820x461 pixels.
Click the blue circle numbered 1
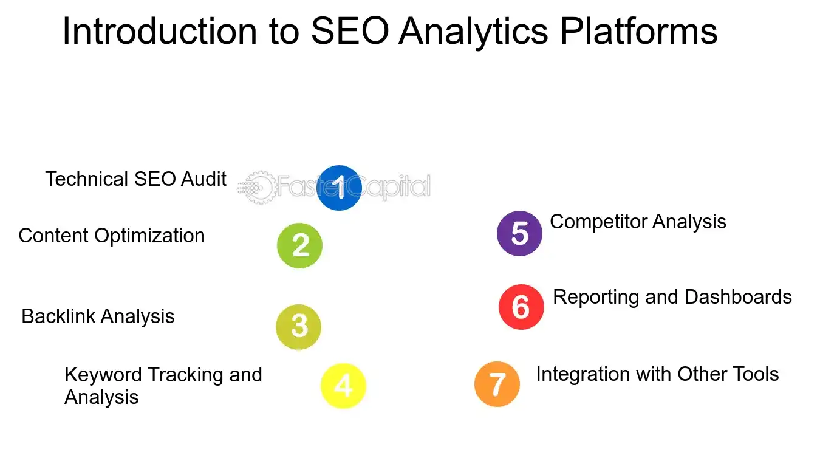click(x=340, y=188)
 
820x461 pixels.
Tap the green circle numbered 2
click(x=299, y=246)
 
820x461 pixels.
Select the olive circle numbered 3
click(x=298, y=327)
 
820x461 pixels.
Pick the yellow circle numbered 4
click(x=343, y=386)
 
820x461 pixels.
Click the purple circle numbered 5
click(x=519, y=234)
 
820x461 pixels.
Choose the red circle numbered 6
click(x=521, y=307)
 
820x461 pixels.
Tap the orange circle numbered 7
click(x=497, y=384)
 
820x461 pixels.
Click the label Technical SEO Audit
click(x=135, y=179)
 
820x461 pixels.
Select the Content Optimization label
click(x=112, y=236)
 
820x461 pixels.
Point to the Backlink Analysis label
click(x=98, y=316)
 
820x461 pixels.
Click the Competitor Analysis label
click(x=638, y=222)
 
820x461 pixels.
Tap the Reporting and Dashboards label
click(x=672, y=297)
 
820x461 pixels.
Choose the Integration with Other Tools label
click(x=657, y=374)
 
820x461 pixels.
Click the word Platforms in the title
click(x=638, y=32)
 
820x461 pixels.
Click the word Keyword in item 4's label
click(x=103, y=375)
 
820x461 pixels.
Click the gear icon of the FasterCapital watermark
click(x=255, y=187)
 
